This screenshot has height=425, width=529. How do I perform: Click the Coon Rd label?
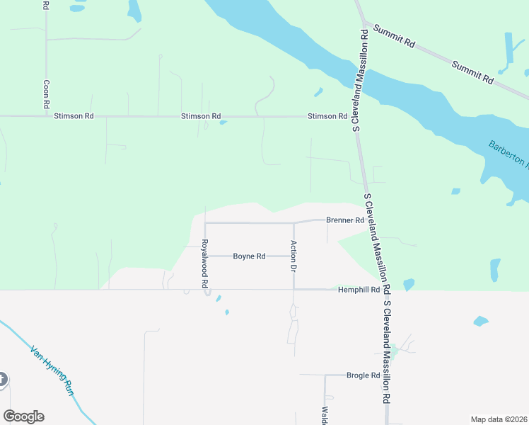click(46, 93)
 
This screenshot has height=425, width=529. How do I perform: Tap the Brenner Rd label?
click(344, 220)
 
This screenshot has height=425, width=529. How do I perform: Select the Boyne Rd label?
click(249, 256)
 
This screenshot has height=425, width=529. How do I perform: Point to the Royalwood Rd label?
click(204, 263)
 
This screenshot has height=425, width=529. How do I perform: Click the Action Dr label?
click(293, 256)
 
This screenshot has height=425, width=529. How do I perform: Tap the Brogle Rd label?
click(363, 375)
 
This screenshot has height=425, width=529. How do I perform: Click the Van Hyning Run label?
click(51, 370)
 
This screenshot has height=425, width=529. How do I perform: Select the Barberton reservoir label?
click(508, 154)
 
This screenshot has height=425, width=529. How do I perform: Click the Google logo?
click(23, 416)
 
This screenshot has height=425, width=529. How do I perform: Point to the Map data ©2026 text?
click(499, 419)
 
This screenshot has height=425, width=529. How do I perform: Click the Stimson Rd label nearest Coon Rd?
click(74, 115)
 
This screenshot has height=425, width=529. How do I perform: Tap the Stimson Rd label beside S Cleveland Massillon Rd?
click(327, 116)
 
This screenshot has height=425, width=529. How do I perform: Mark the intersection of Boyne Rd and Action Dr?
click(293, 256)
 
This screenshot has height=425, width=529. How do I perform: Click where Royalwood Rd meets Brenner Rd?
click(205, 222)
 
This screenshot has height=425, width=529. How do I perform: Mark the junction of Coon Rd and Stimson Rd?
click(46, 115)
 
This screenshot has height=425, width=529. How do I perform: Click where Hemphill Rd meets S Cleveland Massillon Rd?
click(384, 289)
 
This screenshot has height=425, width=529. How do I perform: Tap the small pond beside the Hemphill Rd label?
click(408, 285)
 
